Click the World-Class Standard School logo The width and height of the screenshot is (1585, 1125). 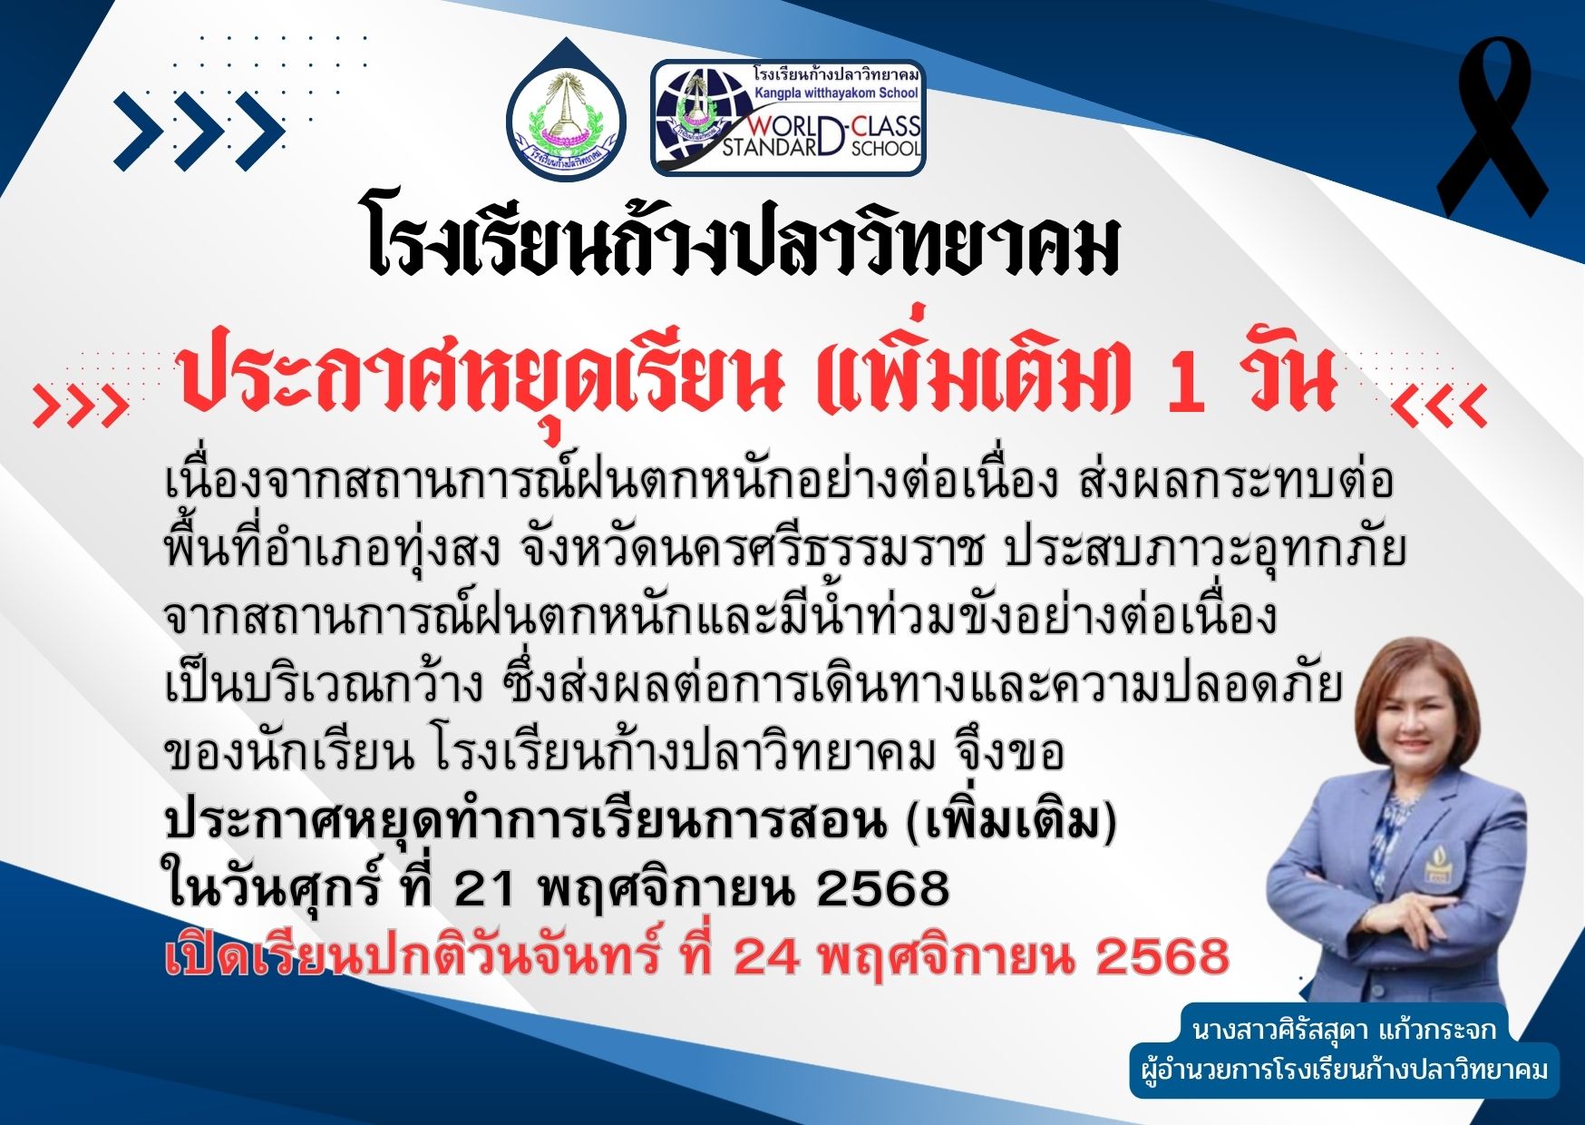pos(788,118)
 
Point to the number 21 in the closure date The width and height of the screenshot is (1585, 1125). pos(483,888)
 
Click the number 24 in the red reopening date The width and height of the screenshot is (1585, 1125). pos(764,956)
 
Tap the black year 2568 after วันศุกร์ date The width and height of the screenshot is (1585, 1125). pos(881,888)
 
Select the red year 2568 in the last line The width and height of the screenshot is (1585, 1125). pos(1162,956)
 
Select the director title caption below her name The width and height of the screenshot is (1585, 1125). pos(1345,1070)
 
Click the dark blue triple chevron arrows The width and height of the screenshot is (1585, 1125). pos(199,131)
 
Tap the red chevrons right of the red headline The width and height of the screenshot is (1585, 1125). pos(1440,406)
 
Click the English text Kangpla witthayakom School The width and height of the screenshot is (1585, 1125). pos(836,93)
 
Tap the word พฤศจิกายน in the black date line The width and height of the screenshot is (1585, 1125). pos(666,888)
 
